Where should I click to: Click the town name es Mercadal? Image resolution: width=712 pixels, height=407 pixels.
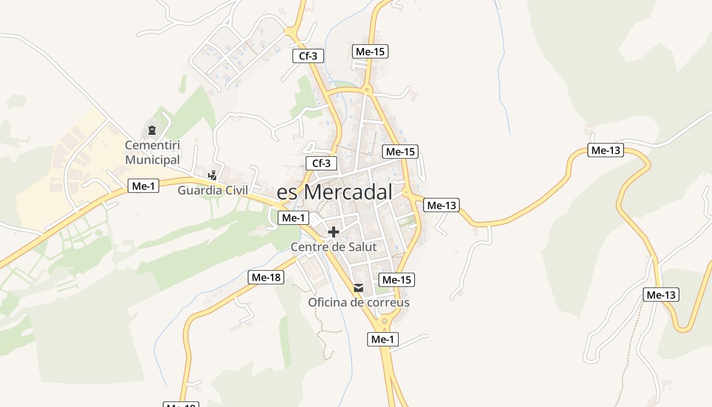click(x=335, y=192)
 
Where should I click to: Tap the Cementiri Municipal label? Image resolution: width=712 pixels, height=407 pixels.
click(x=153, y=153)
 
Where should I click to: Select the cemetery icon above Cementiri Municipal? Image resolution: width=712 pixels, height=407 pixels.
click(x=152, y=130)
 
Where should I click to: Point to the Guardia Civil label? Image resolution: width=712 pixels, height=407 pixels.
click(x=213, y=190)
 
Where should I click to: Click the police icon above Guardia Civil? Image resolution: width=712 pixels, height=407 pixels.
click(x=213, y=176)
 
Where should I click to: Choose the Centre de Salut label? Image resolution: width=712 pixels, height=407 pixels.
click(x=334, y=247)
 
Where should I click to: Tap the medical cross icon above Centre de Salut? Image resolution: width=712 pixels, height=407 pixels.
click(x=334, y=232)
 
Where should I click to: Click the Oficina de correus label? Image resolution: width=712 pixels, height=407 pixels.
click(x=359, y=303)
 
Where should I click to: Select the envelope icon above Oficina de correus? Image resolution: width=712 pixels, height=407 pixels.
click(x=359, y=288)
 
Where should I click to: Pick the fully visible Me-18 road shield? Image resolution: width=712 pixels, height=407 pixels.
click(x=266, y=277)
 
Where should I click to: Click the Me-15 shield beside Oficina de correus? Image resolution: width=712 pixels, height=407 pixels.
click(x=397, y=279)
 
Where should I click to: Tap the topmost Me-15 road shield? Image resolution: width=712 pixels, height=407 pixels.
click(x=370, y=51)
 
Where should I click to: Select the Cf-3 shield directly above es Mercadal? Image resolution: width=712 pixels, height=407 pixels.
click(x=321, y=163)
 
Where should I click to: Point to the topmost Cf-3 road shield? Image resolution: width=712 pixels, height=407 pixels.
click(x=308, y=56)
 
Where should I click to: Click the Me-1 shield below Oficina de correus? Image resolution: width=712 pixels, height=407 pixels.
click(x=383, y=339)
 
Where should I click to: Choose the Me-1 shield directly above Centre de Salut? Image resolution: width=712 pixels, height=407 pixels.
click(x=293, y=218)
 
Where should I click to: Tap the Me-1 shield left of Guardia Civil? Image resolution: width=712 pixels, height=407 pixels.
click(x=143, y=186)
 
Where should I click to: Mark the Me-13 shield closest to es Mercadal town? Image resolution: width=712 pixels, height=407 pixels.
click(x=441, y=205)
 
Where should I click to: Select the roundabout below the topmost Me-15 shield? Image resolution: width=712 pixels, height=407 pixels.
click(x=367, y=90)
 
